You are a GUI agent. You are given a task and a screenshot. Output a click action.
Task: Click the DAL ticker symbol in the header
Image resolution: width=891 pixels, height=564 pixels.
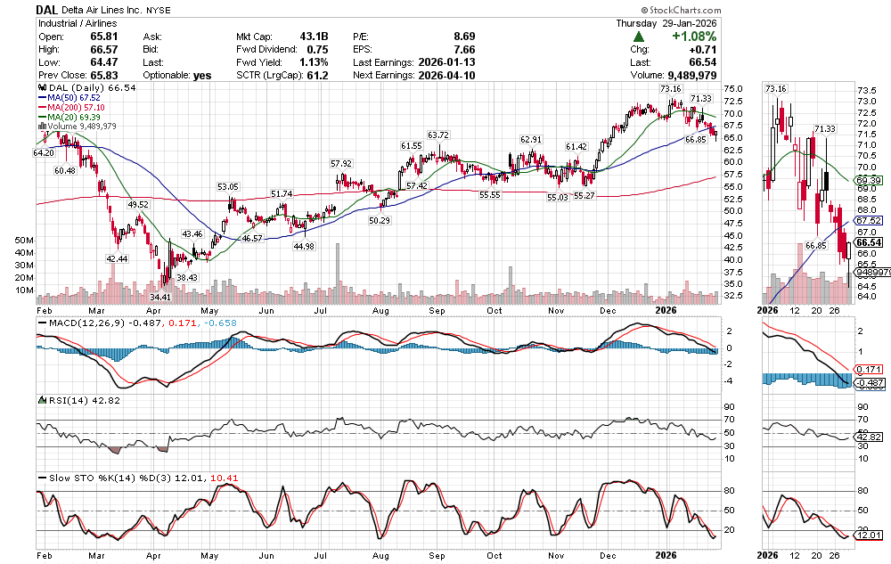click(x=51, y=10)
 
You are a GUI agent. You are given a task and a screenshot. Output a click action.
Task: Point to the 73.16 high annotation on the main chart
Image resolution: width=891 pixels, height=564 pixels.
click(x=670, y=89)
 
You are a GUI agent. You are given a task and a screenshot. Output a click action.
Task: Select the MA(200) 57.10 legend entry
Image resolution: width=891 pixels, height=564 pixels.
click(x=77, y=107)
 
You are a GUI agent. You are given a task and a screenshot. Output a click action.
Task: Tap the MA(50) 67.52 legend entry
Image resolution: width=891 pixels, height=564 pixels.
click(x=74, y=97)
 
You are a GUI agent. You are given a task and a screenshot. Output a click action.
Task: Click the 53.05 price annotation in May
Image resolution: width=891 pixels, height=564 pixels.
click(x=229, y=186)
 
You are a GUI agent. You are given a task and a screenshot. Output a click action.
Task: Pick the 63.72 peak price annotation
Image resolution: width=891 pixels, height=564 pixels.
click(x=437, y=135)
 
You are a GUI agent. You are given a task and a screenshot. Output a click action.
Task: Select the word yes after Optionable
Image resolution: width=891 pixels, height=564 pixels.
click(x=202, y=75)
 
